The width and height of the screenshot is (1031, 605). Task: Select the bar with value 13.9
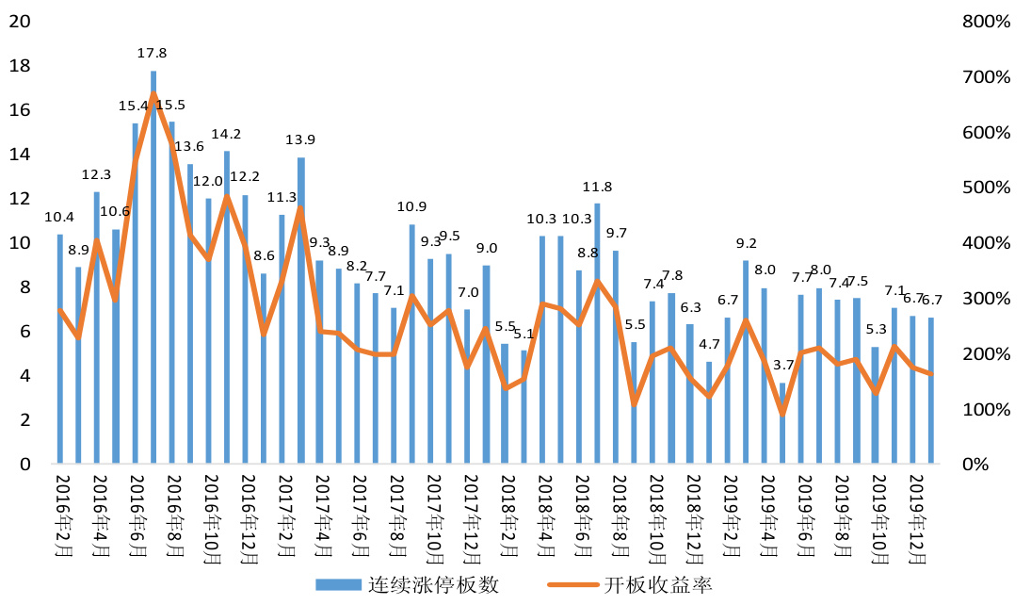(301, 311)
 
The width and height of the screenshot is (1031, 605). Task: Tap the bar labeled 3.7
(782, 423)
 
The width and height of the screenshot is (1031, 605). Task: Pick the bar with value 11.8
(597, 334)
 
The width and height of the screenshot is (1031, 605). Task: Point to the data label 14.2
(227, 134)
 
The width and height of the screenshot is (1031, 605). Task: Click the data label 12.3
(97, 174)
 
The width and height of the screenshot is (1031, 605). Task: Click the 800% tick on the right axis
(987, 22)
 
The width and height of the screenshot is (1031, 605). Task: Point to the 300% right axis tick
(987, 299)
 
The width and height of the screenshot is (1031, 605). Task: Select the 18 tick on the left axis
(19, 66)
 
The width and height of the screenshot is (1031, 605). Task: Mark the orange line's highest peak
(153, 94)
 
